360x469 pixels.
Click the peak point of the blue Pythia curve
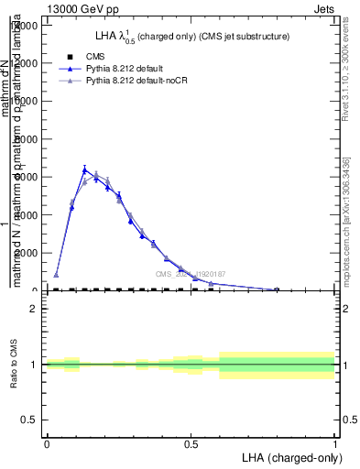coord(84,169)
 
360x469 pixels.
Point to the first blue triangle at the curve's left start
coord(56,275)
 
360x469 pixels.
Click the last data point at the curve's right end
coord(277,289)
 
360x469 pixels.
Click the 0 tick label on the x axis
coord(47,444)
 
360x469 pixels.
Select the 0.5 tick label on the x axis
coord(191,444)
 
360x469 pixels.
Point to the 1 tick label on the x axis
coord(334,444)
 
